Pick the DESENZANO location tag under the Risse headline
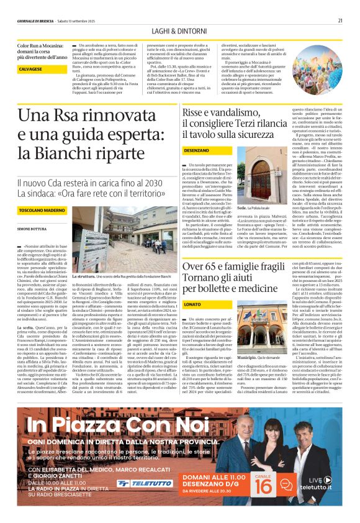tap(197, 150)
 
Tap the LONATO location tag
tap(192, 304)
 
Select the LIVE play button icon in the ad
tap(336, 480)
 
